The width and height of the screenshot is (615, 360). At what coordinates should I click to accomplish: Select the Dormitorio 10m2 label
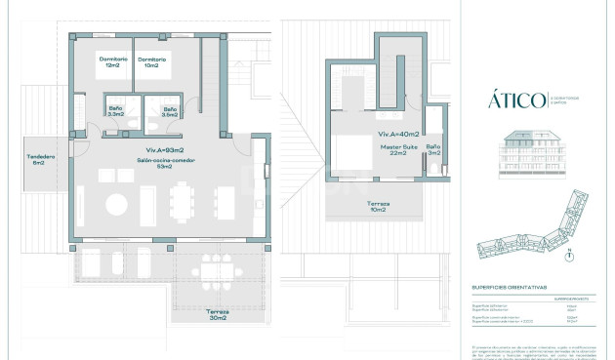[152, 63]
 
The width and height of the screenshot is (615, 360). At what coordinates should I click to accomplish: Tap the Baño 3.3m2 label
[115, 111]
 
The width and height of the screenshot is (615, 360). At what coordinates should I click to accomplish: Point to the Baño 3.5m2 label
[169, 111]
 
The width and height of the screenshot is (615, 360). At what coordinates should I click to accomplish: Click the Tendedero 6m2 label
[40, 159]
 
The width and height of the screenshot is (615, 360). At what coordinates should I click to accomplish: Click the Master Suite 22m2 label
[398, 149]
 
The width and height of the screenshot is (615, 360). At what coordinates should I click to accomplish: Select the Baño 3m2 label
[434, 149]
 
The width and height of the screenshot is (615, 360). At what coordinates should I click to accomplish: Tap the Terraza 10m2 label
[378, 206]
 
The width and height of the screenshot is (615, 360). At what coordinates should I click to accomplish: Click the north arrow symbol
[569, 256]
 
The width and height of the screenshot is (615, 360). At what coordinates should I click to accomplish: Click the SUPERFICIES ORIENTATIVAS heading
[508, 288]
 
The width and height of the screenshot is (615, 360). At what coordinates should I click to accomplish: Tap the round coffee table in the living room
[116, 205]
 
